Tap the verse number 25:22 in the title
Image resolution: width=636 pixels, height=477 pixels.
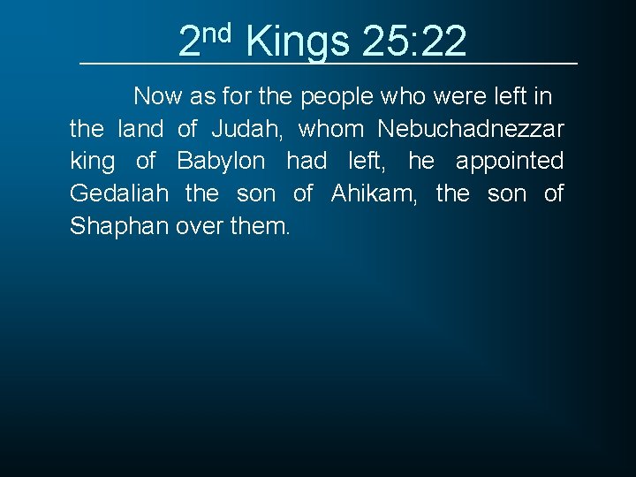(x=414, y=41)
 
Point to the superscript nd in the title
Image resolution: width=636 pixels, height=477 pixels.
(x=216, y=33)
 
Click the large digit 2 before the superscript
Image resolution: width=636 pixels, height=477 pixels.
(x=189, y=41)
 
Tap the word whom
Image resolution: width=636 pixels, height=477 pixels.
(x=331, y=129)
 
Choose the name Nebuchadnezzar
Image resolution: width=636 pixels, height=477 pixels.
(x=471, y=129)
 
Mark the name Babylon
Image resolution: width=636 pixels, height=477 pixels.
(x=221, y=162)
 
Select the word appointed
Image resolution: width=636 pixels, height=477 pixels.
(x=509, y=162)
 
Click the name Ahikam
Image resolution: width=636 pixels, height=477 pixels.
(x=374, y=193)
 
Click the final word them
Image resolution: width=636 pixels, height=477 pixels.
(x=258, y=226)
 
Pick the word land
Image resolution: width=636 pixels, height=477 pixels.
(x=140, y=129)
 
